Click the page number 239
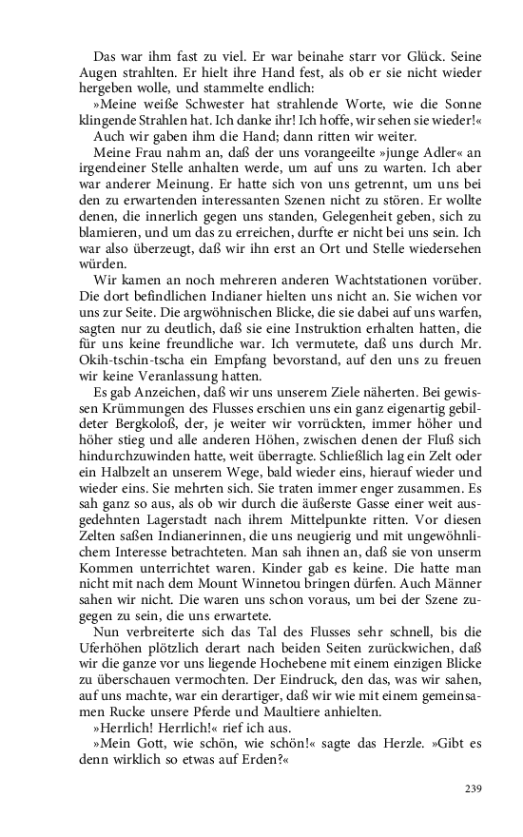(x=473, y=788)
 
